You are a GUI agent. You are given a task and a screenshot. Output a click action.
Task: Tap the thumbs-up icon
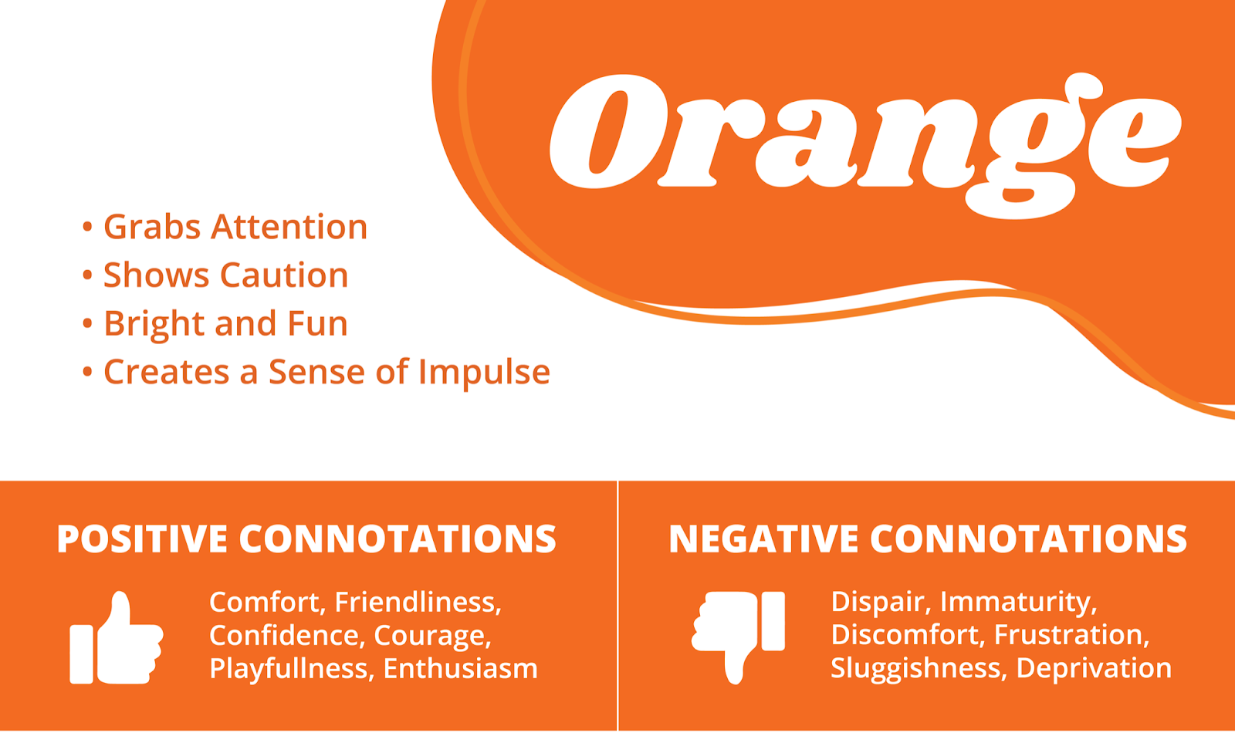(117, 638)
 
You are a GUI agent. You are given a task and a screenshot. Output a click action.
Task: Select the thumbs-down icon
(738, 637)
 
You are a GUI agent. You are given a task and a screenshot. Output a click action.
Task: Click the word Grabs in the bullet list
(151, 228)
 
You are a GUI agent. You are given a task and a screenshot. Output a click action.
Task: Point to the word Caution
(285, 275)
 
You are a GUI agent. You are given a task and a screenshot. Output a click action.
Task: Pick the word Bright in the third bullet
(154, 324)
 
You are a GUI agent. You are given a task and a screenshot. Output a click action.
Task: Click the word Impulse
(484, 373)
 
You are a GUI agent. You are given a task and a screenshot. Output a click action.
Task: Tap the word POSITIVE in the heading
(142, 539)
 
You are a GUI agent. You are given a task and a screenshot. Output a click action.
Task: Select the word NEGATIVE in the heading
(763, 539)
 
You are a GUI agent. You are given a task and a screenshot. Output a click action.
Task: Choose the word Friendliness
(418, 602)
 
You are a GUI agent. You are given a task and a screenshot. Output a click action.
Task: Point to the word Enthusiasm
(460, 669)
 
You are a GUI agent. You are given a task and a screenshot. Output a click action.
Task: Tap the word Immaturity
(1018, 602)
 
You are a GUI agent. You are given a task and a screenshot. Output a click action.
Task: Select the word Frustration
(1072, 635)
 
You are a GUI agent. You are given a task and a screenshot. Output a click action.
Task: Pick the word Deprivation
(1094, 669)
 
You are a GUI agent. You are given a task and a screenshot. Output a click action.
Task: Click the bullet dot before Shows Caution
(87, 275)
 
